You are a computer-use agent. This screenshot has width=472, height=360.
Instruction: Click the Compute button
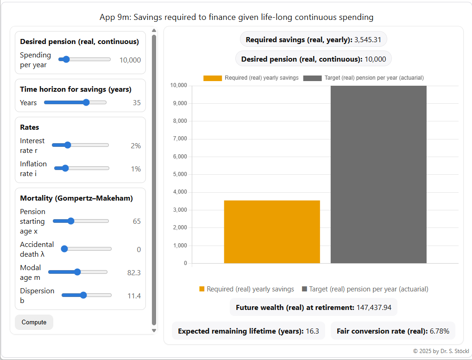34,322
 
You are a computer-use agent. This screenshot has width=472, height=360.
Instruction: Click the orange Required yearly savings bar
272,232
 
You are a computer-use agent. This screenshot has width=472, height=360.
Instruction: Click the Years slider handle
86,102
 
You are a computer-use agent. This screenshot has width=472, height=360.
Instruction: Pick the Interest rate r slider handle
68,145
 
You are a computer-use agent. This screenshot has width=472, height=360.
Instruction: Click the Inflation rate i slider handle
65,168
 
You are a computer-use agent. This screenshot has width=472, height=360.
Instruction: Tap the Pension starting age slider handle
71,221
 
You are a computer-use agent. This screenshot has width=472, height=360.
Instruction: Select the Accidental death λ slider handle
64,249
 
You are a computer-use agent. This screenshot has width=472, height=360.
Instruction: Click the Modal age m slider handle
77,272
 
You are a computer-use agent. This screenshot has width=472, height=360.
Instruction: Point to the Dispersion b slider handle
83,295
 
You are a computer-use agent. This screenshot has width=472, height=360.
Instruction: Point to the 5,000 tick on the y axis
179,175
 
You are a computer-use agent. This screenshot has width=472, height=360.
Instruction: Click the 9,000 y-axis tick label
179,103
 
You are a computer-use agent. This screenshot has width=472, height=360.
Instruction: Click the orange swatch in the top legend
213,78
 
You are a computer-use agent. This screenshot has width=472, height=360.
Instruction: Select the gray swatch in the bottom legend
304,289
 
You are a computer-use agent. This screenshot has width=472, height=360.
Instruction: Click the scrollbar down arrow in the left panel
154,330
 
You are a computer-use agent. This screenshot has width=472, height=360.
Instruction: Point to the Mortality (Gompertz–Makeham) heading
76,198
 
